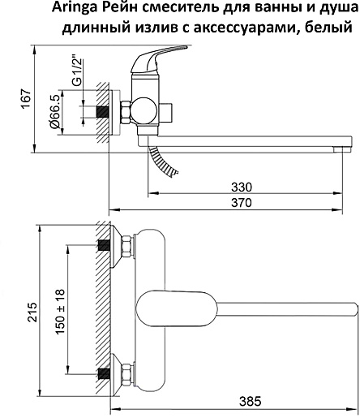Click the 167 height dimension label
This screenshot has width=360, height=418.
click(27, 99)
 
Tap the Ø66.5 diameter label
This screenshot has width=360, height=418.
click(54, 112)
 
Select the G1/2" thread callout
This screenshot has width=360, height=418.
click(78, 71)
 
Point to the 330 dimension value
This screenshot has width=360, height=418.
click(242, 187)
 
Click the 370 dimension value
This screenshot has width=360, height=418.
click(242, 203)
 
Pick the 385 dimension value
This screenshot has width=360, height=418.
click(251, 401)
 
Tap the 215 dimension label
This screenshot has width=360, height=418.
click(32, 312)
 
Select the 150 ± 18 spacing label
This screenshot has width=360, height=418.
click(60, 312)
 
